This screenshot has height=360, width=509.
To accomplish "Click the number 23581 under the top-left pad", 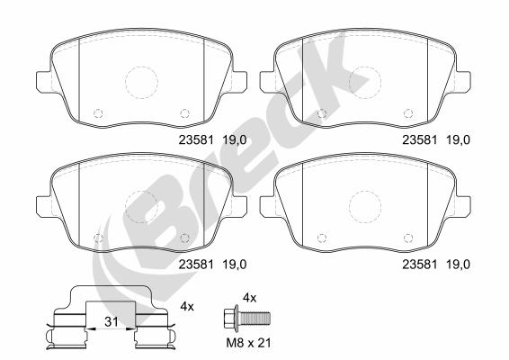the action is tap(196, 140).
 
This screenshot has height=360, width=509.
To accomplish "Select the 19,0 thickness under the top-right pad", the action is tap(458, 140).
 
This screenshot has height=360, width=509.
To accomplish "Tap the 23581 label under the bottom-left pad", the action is tap(196, 265).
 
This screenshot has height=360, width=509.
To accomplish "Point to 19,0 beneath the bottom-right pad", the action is tap(458, 265).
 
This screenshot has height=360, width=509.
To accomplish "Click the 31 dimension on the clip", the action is tap(111, 322).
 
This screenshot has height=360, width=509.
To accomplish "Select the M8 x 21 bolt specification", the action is tap(248, 343).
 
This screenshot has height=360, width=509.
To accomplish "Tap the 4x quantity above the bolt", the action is tap(250, 298).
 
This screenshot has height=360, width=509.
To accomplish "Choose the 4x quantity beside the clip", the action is tap(187, 306).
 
